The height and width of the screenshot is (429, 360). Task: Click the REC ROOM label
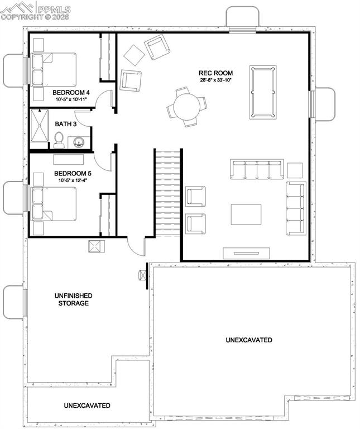click(216, 73)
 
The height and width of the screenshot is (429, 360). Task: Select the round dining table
click(186, 106)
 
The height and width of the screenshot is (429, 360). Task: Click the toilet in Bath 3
click(59, 140)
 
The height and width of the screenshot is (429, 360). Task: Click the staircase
click(168, 193)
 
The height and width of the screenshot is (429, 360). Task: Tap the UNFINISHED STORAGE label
click(74, 299)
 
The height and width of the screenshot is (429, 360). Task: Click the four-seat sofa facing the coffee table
click(257, 169)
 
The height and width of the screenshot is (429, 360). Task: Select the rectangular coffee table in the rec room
click(246, 214)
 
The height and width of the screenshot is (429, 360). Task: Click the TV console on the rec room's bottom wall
click(246, 252)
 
